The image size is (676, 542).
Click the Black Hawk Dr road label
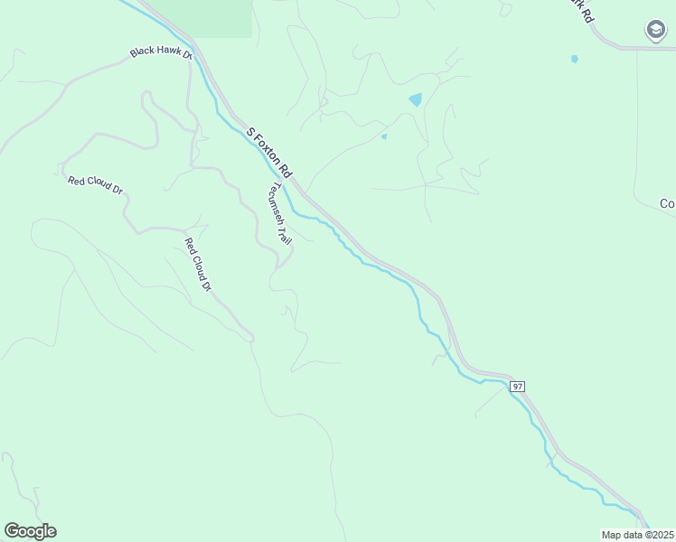pos(162,51)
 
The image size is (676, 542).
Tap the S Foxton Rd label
pos(270,152)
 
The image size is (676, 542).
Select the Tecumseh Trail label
pos(279,215)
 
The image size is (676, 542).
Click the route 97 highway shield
pos(517,386)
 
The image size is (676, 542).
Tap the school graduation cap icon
pos(655,31)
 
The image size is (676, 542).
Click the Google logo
pos(30,531)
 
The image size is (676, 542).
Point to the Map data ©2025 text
pos(637,535)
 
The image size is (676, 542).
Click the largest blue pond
pos(415,99)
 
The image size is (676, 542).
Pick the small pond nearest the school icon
pos(575,60)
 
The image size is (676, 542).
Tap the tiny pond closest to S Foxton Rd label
pos(384,136)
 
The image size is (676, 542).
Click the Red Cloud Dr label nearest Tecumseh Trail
pos(197,264)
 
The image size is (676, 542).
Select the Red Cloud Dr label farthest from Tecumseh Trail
pos(95,185)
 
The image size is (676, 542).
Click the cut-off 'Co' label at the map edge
pos(667,204)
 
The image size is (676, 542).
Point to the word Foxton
pos(271,152)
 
